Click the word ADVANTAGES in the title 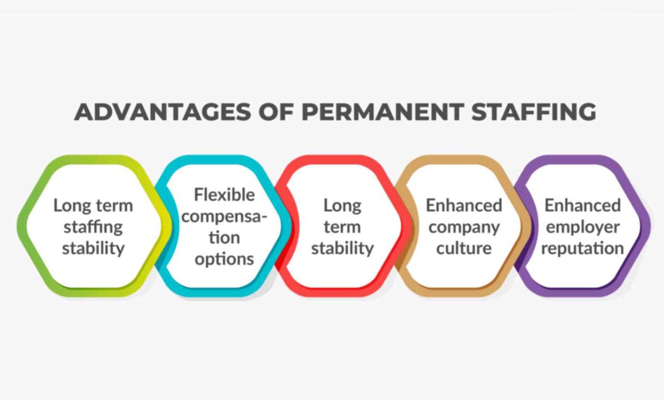[163, 112]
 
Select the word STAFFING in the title [534, 112]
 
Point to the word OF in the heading [277, 112]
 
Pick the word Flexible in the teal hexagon [224, 195]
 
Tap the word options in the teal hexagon [224, 260]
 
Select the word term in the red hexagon [342, 227]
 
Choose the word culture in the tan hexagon [464, 248]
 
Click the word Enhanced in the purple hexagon [583, 206]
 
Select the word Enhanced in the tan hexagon [464, 206]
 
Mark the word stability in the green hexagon [93, 248]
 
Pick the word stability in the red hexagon [342, 248]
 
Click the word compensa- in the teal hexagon [224, 217]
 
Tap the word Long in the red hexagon [342, 206]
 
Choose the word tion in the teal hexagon [224, 237]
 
